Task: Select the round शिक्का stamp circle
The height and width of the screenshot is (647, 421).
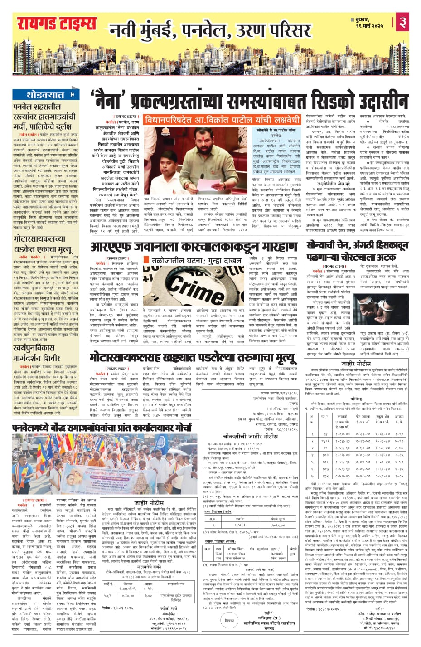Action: point(229,619)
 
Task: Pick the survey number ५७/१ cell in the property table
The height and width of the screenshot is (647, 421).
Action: point(108,595)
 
